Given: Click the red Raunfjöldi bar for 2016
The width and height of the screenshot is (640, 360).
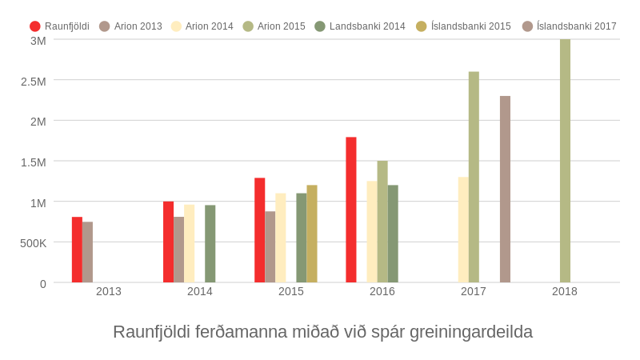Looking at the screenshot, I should tap(351, 210).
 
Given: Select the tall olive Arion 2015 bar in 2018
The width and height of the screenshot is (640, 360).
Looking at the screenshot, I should tap(565, 161).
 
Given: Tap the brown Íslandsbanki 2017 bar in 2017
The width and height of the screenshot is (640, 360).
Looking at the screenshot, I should tap(505, 190).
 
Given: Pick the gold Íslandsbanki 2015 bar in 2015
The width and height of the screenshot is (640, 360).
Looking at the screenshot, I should tap(312, 234).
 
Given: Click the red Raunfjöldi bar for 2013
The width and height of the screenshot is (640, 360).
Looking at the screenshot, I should tap(77, 250).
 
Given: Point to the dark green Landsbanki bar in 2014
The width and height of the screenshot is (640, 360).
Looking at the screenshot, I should tap(210, 244).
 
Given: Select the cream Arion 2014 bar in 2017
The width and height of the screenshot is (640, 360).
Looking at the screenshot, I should tap(463, 230).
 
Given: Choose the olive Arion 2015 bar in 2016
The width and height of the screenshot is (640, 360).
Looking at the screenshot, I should tap(382, 222).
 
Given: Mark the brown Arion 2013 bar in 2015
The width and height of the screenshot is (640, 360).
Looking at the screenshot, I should tap(270, 246).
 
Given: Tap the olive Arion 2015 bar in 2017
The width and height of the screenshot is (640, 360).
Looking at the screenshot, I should tap(474, 177).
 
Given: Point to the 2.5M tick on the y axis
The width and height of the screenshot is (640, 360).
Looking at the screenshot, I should tap(34, 81).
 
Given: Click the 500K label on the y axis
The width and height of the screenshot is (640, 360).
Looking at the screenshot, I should tap(34, 243).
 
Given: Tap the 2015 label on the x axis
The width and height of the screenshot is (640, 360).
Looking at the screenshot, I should tap(291, 291).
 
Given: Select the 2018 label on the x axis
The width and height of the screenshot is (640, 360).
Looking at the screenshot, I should tap(565, 291).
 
